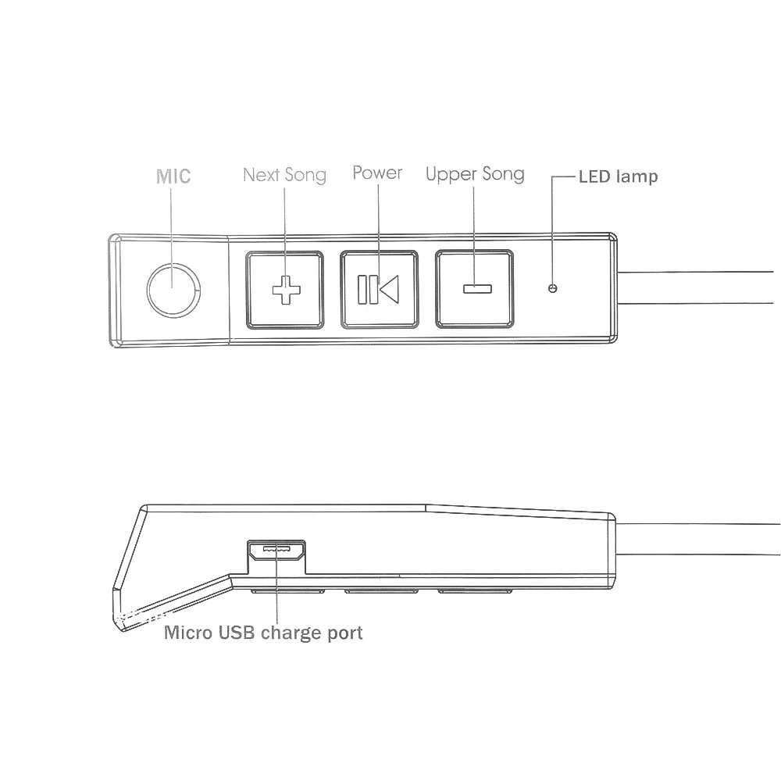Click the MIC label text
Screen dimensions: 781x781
point(173,175)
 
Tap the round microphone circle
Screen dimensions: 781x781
point(173,288)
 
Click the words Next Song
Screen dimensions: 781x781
point(284,174)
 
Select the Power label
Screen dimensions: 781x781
point(377,173)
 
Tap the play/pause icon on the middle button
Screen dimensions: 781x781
point(378,289)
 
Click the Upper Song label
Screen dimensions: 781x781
point(475,173)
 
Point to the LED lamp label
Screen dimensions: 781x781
point(618,177)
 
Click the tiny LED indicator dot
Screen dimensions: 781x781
point(553,289)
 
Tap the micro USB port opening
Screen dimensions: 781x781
point(277,551)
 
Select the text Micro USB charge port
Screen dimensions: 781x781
point(263,632)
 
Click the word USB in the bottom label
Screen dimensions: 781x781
point(237,632)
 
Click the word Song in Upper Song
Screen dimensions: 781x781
point(501,173)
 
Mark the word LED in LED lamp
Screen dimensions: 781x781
point(594,177)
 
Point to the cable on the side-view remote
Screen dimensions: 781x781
point(695,539)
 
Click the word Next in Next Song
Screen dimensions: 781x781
point(261,174)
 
